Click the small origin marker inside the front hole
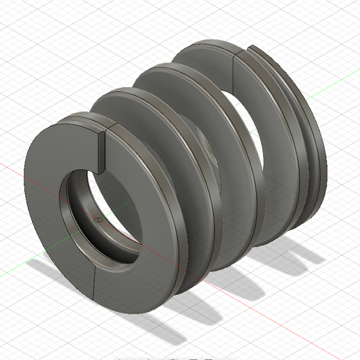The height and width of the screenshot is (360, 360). (98, 218)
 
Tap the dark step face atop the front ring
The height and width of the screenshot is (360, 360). (100, 149)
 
